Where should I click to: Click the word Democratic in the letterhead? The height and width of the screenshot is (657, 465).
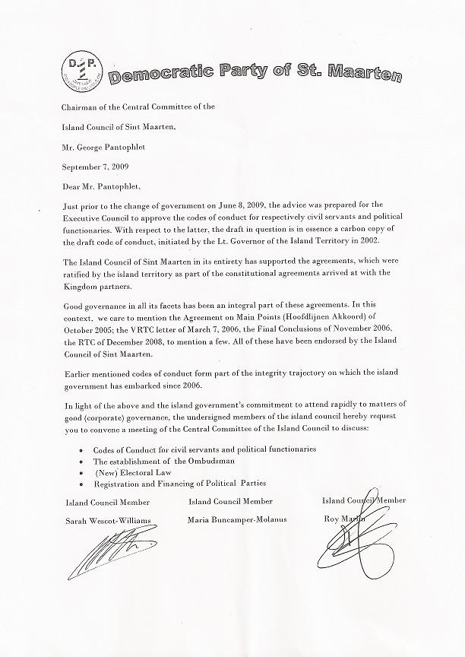pos(153,75)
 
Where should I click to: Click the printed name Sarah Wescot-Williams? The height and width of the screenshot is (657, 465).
pos(114,520)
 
